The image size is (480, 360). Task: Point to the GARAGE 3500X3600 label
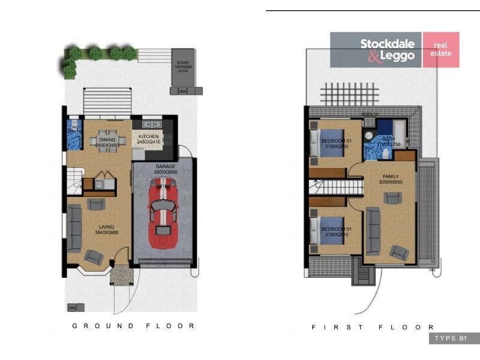[x=164, y=169]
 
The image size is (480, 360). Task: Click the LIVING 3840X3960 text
[x=106, y=230]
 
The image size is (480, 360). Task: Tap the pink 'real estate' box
[x=441, y=49]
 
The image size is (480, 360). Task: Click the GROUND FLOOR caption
[x=133, y=326]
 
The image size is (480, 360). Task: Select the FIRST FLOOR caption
[x=373, y=327]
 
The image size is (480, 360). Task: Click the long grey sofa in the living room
[x=74, y=229]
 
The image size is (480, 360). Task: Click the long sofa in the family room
[x=372, y=231]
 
